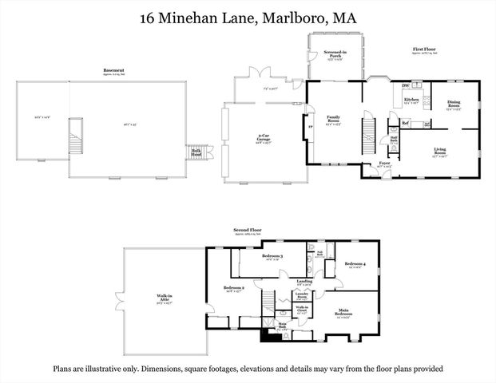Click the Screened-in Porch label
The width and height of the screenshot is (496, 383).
[333, 54]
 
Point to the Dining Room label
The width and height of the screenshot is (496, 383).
[453, 103]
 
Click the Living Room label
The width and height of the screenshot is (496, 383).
[440, 150]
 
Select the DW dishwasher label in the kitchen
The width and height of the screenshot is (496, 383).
[406, 85]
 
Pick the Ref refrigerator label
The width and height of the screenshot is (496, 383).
[405, 123]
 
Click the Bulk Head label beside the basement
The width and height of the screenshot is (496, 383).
[196, 151]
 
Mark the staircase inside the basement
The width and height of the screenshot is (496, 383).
[77, 137]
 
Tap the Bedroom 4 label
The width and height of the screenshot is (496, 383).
[355, 264]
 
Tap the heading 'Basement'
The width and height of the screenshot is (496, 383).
[113, 71]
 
